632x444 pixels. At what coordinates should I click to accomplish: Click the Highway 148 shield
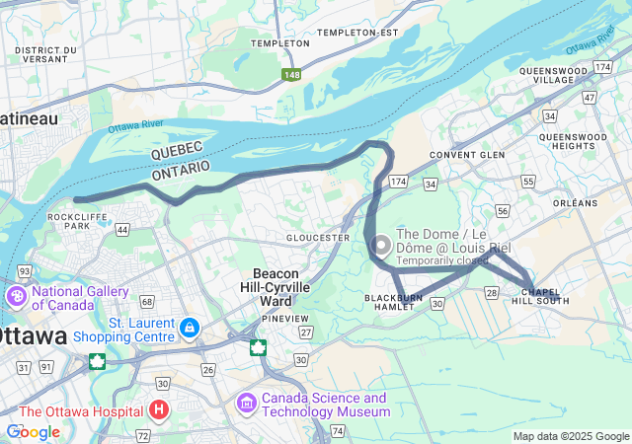[291, 75]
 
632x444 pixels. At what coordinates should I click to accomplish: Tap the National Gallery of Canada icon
[17, 297]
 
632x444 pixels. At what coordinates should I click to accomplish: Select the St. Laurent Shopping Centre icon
[190, 326]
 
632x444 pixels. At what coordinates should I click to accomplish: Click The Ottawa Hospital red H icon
[158, 409]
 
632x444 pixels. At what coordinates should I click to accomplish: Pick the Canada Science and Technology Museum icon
[247, 404]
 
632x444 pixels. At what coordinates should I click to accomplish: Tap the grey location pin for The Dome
[381, 244]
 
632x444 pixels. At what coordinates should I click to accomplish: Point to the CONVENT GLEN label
[467, 155]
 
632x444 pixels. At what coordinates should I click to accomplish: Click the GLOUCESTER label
[318, 238]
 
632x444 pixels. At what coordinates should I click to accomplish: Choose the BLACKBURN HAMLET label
[395, 302]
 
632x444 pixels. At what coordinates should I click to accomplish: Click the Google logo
[33, 431]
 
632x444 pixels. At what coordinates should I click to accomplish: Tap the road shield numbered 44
[122, 229]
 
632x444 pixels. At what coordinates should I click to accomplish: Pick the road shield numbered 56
[503, 211]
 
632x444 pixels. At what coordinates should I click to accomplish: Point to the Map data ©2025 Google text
[571, 436]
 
